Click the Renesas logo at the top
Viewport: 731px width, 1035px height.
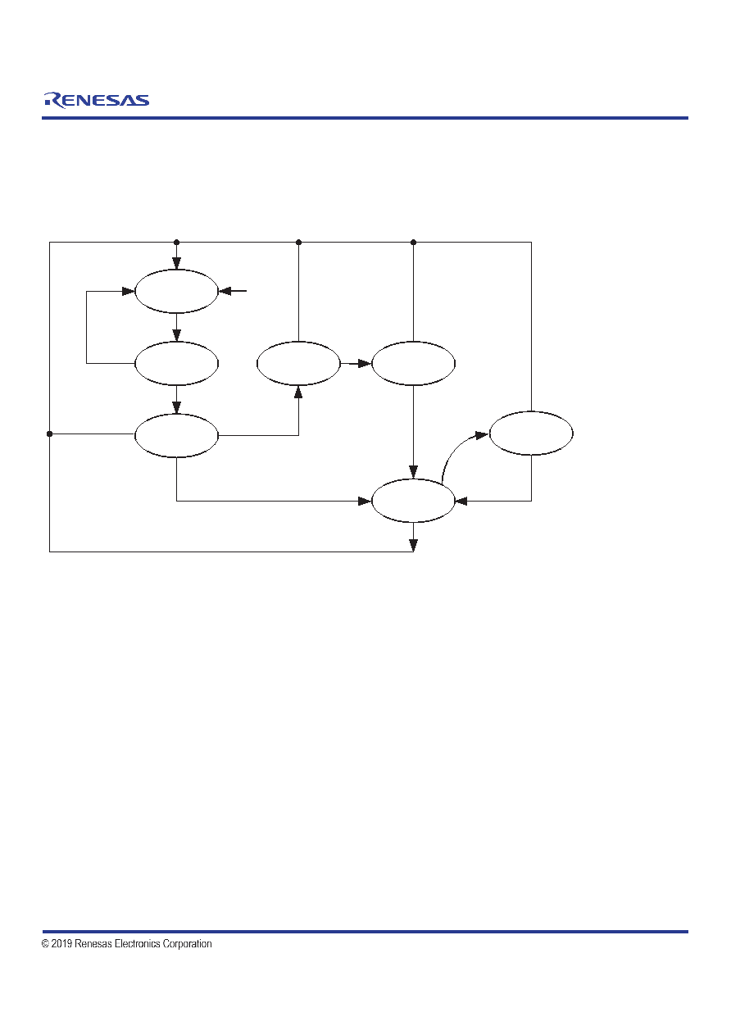click(97, 100)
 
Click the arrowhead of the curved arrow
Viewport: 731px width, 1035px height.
click(482, 435)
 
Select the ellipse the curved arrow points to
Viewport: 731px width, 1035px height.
click(531, 434)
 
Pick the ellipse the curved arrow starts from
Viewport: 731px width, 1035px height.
click(413, 501)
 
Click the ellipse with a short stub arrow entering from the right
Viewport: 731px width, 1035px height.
click(176, 291)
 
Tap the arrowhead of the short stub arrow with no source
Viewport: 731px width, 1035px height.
click(225, 291)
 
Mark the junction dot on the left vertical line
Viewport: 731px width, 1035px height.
click(49, 434)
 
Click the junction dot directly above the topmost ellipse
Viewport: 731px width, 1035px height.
click(176, 242)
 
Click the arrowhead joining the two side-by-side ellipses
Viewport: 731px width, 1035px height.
click(365, 364)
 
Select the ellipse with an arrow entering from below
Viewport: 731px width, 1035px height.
click(298, 364)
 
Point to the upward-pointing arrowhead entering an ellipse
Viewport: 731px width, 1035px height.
click(298, 393)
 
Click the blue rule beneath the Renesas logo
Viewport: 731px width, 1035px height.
click(365, 118)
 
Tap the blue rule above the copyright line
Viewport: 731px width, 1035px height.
click(365, 932)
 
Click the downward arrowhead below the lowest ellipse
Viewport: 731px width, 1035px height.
click(414, 545)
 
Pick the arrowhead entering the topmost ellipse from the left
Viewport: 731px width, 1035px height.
click(128, 291)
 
